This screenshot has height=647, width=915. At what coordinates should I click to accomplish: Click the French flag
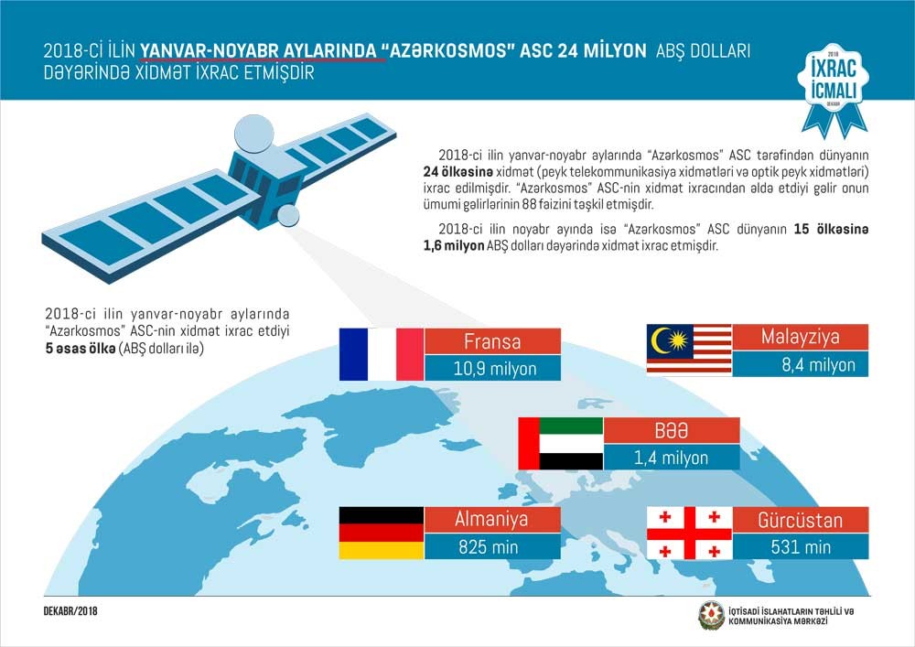382,354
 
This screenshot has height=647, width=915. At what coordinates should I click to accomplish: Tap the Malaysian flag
689,349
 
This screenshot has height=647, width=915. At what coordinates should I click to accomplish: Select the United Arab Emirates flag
561,444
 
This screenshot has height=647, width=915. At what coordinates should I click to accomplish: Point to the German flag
382,533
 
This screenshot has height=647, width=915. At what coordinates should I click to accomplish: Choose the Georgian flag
689,533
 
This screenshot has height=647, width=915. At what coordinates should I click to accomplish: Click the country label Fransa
492,341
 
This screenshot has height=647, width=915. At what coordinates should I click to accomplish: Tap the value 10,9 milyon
495,369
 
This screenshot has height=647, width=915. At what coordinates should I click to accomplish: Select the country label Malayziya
800,337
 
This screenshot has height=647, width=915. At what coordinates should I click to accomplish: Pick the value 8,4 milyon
818,365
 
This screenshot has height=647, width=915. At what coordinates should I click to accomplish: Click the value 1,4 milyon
671,458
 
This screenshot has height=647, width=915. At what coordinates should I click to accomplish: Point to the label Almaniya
491,519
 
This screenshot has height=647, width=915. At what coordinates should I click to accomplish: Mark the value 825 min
489,547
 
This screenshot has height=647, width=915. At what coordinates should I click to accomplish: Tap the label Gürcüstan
800,520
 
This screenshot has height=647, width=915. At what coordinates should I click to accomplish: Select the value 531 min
801,547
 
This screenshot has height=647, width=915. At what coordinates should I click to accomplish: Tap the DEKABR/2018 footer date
70,611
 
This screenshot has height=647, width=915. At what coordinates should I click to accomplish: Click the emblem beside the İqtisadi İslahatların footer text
711,616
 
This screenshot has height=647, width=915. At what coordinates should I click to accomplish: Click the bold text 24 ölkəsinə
457,172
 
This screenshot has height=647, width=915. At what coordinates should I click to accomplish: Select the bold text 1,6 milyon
454,245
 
